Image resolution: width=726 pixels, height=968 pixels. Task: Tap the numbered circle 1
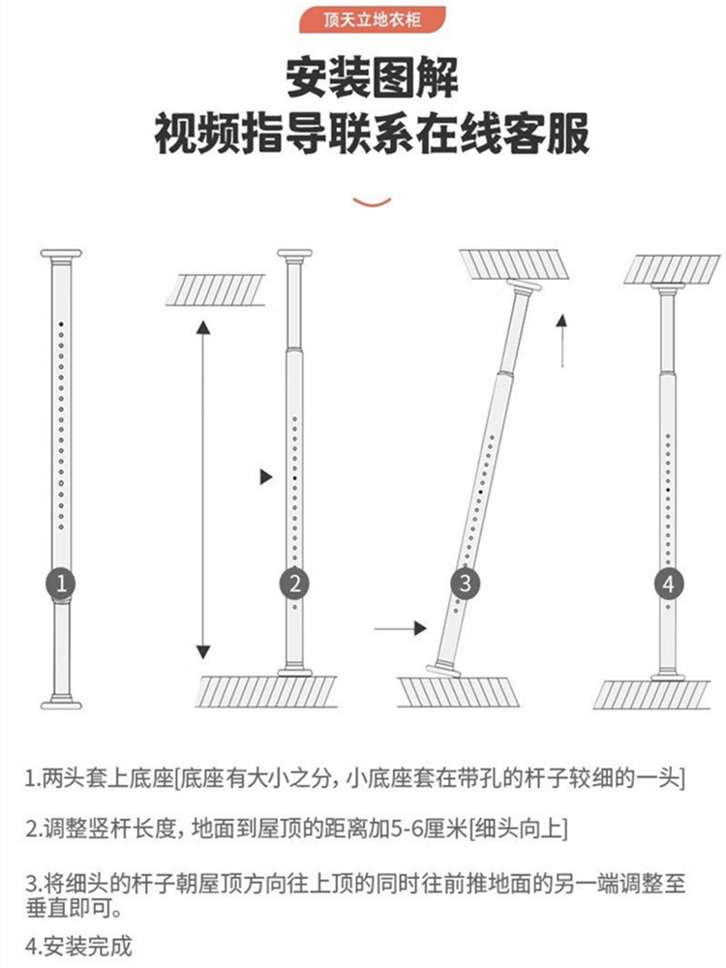(60, 584)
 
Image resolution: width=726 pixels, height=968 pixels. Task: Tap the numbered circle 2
(294, 584)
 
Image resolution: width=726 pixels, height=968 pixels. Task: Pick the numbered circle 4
(667, 584)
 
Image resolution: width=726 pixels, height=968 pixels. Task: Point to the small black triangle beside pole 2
(266, 476)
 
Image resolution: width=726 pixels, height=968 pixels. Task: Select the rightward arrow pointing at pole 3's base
(401, 629)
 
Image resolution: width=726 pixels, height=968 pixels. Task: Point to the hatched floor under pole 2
(266, 691)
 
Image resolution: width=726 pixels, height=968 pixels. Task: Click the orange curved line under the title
(372, 201)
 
